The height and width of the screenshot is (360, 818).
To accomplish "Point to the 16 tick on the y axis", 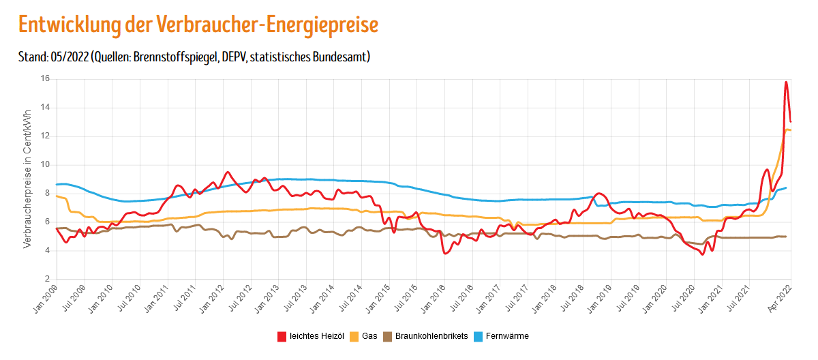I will coord(46,79).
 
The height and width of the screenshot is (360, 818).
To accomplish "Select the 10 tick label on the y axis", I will coord(46,165).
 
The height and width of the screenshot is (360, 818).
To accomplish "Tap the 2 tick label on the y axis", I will coord(48,279).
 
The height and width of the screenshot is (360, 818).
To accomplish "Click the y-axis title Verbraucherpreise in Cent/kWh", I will coord(28,179).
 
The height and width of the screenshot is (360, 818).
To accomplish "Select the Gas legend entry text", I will coord(370,336).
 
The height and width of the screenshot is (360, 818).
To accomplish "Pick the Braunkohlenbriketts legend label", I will coord(431,336).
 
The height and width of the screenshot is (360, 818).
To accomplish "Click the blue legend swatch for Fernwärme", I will coord(479,336).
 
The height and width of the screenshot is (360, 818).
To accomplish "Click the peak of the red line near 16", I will coord(786,82).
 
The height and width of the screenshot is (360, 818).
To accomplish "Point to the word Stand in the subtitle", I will coord(32,57).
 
